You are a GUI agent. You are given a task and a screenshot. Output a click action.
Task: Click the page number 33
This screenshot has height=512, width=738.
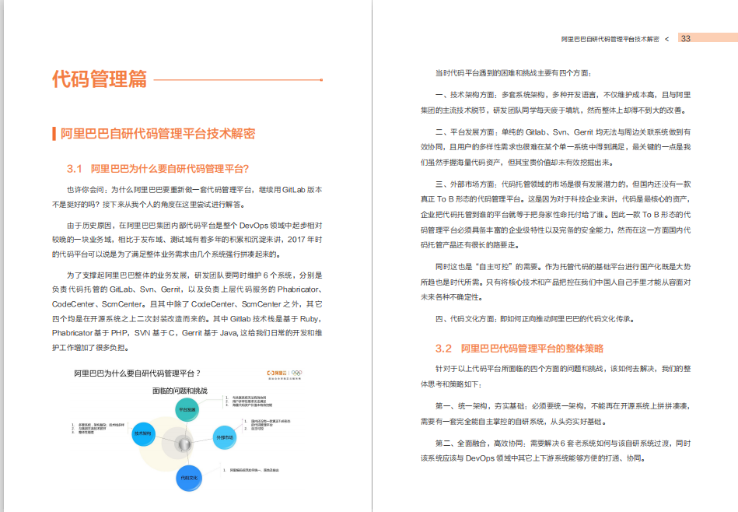(x=686, y=38)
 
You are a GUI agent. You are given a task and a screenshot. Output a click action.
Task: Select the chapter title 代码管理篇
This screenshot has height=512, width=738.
(x=99, y=79)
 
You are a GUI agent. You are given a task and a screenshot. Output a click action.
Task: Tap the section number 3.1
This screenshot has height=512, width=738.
(x=75, y=169)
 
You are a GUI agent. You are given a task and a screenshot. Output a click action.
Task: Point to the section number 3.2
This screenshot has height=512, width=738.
(x=443, y=348)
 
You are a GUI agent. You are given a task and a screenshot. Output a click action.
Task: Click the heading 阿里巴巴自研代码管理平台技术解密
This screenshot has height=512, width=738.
(x=158, y=134)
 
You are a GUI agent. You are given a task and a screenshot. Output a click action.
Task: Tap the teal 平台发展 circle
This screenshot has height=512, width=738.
(x=188, y=409)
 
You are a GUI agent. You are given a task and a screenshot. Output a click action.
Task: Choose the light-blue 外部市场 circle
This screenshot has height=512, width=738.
(x=225, y=438)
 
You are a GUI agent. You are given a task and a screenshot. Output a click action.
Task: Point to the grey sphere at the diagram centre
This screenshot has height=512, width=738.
(x=184, y=444)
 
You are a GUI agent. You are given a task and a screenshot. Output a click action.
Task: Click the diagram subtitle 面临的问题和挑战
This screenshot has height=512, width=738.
(x=180, y=390)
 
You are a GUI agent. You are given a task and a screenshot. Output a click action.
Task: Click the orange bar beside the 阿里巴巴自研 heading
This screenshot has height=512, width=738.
(x=53, y=134)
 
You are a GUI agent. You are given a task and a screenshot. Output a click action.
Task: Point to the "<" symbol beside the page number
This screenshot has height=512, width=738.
(x=667, y=38)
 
